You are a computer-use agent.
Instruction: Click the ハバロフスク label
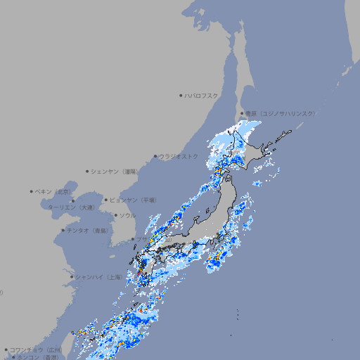point(202,95)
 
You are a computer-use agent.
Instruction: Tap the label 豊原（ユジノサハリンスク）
point(281,113)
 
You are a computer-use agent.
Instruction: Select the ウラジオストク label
point(179,156)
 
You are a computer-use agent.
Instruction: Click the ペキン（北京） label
point(54,191)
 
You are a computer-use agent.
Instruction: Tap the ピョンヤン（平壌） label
point(133,200)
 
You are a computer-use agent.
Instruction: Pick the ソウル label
point(127,215)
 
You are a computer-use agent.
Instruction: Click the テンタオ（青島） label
point(88,230)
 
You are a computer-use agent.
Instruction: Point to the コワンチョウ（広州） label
point(36,349)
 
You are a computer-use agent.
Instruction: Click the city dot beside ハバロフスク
point(181,95)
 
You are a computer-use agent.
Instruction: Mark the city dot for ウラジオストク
point(155,156)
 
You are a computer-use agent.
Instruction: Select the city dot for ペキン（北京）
point(32,191)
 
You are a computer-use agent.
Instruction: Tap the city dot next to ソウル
point(115,215)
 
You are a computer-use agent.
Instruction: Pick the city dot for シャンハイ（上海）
point(72,277)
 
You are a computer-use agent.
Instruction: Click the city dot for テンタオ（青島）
point(63,230)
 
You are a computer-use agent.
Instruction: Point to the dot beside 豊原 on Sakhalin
point(242,113)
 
